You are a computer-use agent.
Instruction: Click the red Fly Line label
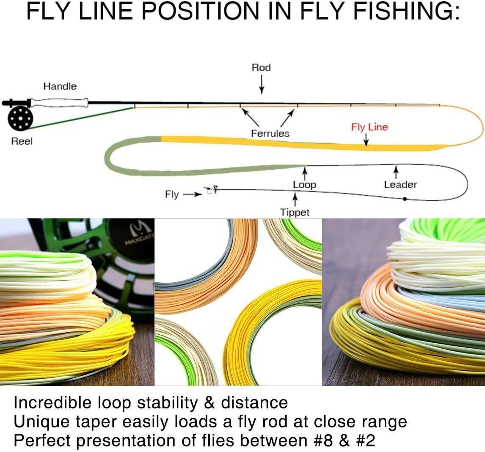369,127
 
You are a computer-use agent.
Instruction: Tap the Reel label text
22,141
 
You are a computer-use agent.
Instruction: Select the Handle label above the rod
60,86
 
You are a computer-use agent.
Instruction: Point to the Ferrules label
270,133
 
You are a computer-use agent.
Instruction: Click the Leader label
400,185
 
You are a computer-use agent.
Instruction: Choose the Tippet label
295,212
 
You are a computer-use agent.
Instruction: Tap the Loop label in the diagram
304,185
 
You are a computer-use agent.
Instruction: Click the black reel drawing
20,118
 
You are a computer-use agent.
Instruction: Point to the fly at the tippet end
211,190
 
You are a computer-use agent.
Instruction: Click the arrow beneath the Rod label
262,84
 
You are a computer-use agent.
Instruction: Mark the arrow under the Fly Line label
366,140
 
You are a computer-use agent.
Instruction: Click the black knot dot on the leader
405,199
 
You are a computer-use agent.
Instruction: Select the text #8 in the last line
323,440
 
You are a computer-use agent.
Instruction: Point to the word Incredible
53,403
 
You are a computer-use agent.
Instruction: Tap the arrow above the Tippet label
295,199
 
